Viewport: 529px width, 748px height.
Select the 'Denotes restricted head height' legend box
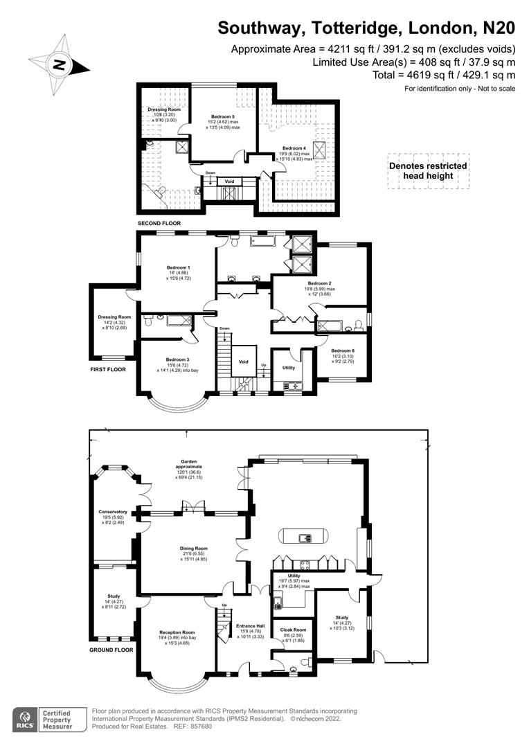coord(427,171)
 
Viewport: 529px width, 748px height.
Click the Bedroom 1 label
coord(178,267)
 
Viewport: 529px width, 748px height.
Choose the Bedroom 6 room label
coord(342,351)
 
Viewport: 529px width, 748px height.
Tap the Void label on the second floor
coord(229,181)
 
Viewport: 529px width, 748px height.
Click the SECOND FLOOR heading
coord(159,224)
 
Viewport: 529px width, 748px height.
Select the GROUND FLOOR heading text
coord(111,650)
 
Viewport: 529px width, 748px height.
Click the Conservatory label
coord(113,512)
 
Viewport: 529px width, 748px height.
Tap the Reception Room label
coord(177,632)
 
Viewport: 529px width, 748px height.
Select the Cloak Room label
coord(292,630)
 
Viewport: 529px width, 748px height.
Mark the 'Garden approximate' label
coord(190,464)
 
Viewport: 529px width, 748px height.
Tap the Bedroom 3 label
coord(177,359)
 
